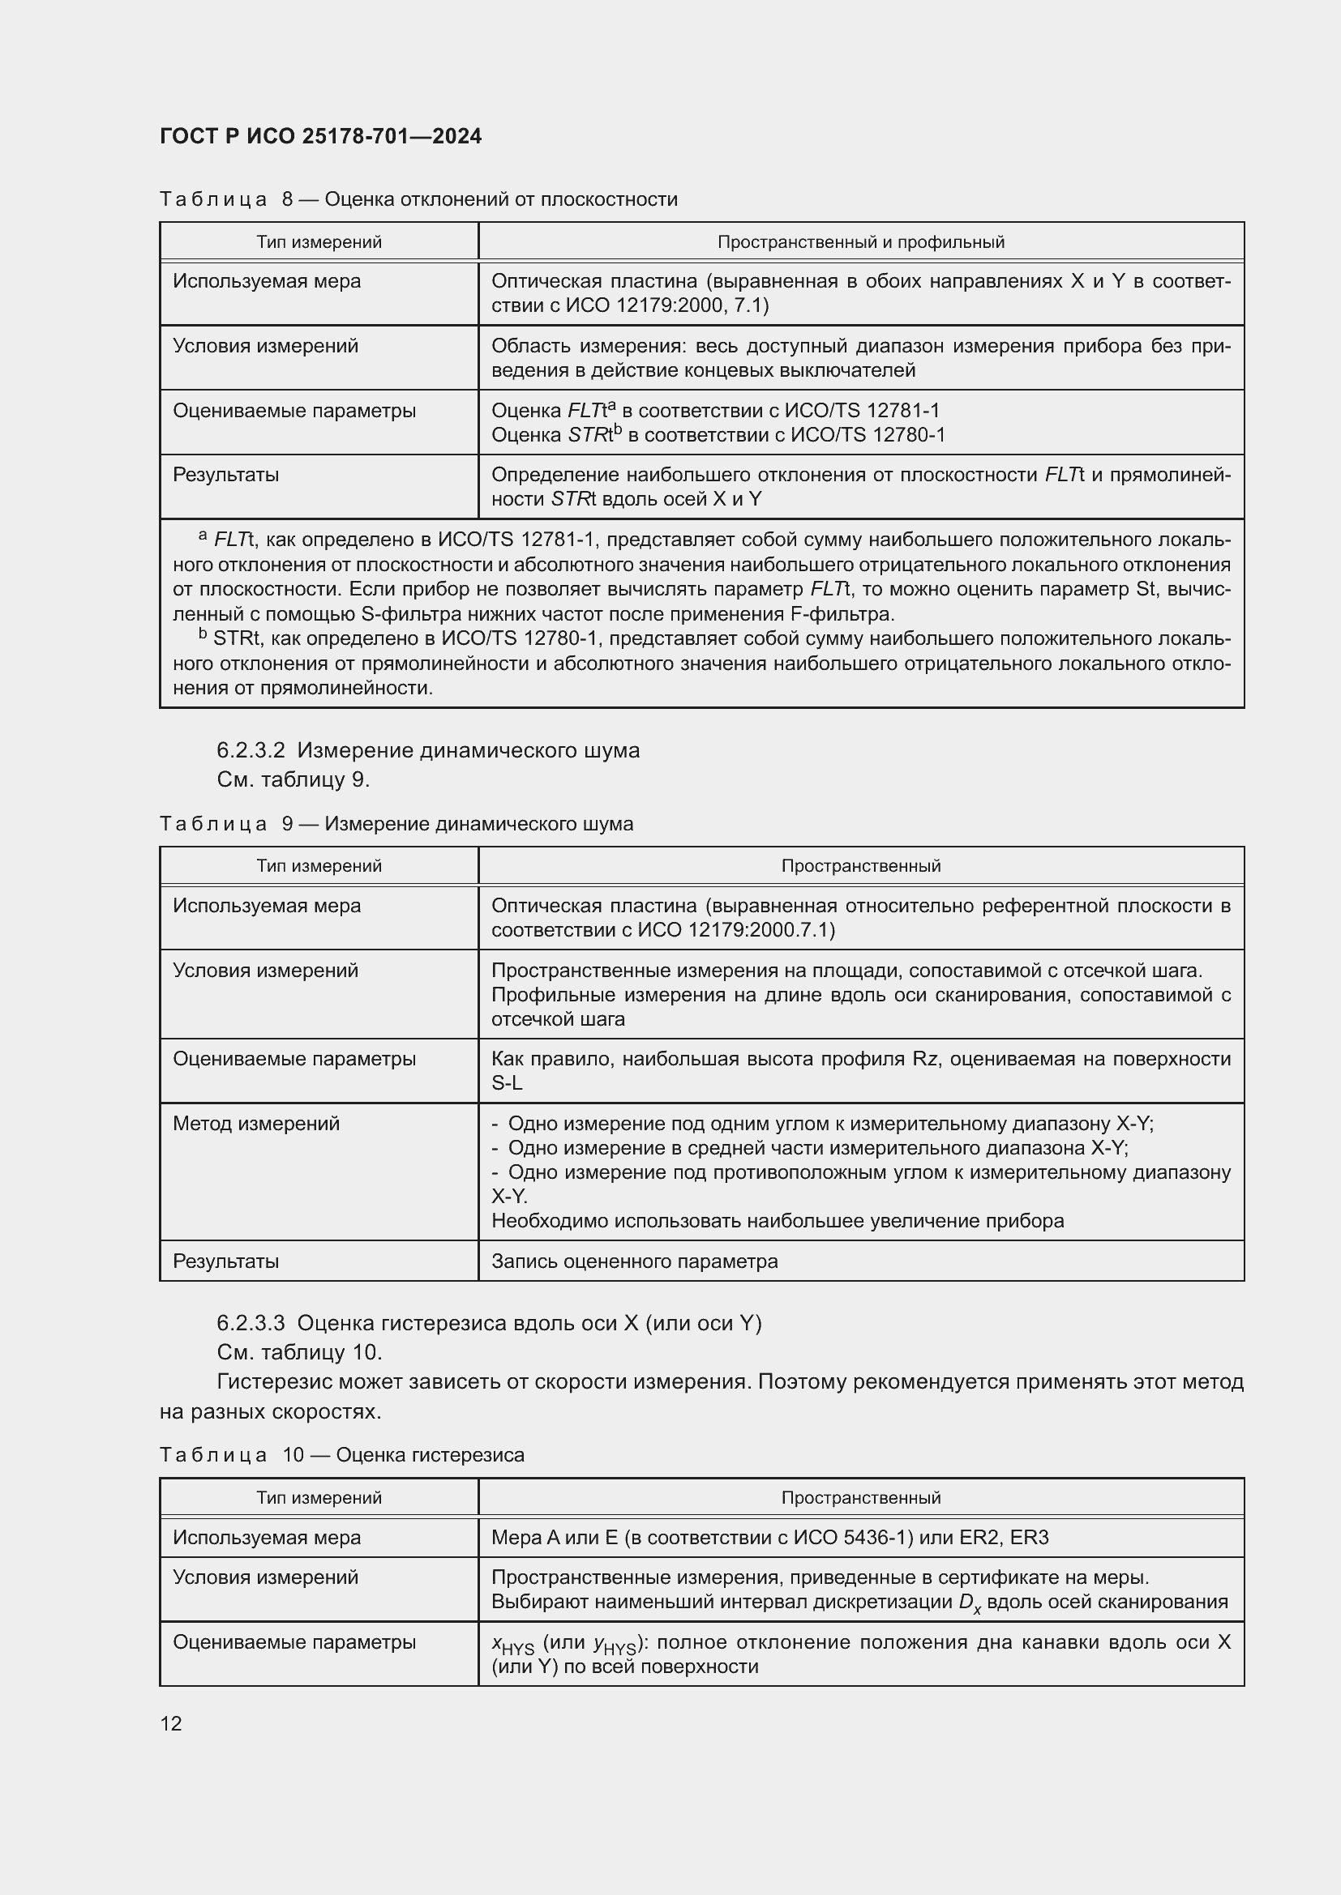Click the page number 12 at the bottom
coord(171,1724)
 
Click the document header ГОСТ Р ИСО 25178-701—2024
coord(320,136)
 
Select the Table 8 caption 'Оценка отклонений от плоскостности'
coord(500,200)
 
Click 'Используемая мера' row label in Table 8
coord(267,281)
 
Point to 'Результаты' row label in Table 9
coord(225,1261)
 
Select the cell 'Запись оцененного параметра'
coord(634,1261)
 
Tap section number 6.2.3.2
coord(251,750)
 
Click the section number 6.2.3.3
coord(251,1323)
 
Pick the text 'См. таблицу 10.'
coord(299,1352)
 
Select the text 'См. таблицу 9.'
coord(293,779)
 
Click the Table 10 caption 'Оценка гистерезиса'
coord(431,1454)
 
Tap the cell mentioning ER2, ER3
coord(769,1538)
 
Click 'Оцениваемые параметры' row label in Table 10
coord(294,1642)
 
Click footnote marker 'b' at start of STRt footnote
coord(203,634)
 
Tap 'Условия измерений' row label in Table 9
coord(265,971)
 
